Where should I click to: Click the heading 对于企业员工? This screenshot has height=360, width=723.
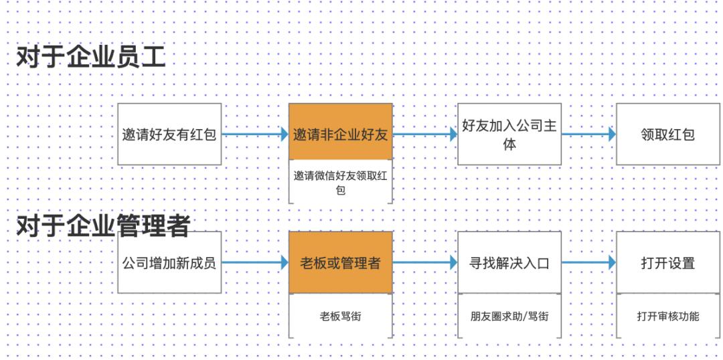91,58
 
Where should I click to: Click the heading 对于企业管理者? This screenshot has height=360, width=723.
103,226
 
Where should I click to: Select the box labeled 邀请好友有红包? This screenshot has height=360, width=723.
169,134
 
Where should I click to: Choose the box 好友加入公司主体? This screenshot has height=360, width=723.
509,134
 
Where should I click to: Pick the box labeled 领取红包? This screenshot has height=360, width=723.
667,134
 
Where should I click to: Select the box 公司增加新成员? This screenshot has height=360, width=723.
169,262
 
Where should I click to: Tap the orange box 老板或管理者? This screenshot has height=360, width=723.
341,262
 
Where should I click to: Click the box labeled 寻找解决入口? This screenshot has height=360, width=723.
509,262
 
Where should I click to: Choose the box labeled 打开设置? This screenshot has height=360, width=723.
667,262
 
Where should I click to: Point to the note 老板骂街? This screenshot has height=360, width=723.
341,317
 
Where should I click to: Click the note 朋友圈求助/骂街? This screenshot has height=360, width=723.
509,317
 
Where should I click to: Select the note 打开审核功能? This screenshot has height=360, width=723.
667,317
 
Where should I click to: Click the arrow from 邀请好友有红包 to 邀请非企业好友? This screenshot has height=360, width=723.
255,134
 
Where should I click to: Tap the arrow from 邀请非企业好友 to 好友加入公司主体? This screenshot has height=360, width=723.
425,134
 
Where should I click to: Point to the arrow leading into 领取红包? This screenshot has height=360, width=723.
589,134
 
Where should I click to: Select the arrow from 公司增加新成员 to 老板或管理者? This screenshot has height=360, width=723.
255,262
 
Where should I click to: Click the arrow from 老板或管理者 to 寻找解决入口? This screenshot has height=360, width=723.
425,262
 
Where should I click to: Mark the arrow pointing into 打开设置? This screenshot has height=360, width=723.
589,262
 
